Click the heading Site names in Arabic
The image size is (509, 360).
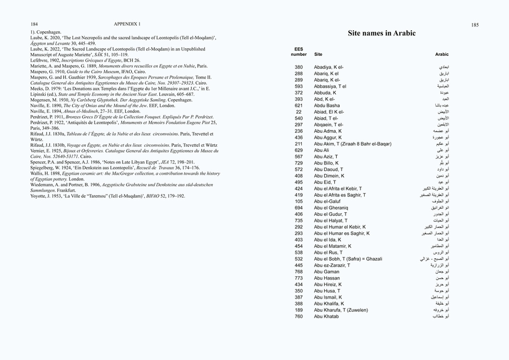pos(382,33)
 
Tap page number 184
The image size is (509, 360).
pos(34,24)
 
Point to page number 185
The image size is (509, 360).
pos(475,25)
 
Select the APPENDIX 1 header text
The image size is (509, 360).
pos(127,24)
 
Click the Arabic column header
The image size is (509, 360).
pos(442,55)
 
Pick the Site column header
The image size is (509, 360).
pos(318,55)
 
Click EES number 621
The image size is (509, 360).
pos(299,105)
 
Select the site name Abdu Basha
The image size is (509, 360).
pos(327,105)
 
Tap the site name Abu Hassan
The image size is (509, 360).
pos(327,278)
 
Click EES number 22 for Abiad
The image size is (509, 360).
pos(299,112)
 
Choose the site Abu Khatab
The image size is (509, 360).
pos(326,317)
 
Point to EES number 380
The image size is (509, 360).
pos(299,67)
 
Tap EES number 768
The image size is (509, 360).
pos(299,272)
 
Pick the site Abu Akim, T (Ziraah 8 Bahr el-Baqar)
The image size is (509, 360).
pos(353,144)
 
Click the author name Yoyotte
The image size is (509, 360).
pos(39,196)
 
